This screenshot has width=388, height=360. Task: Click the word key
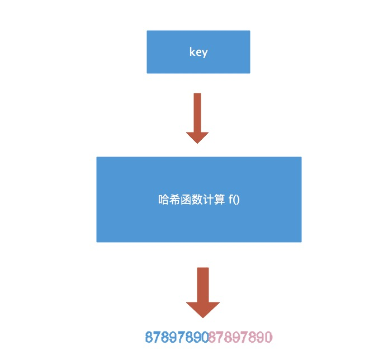198,53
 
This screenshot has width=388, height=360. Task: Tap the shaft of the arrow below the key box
197,112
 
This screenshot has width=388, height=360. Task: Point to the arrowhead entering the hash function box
197,138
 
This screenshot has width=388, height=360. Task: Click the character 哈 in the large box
164,200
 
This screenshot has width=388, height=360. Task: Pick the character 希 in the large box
174,200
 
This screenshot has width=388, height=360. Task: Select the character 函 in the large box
184,200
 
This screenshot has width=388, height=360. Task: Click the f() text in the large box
234,200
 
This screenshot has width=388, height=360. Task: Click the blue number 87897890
177,337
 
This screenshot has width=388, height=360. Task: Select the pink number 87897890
240,337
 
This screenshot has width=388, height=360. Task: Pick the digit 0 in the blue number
205,337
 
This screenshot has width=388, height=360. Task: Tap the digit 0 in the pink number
268,337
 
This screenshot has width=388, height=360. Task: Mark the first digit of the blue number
149,337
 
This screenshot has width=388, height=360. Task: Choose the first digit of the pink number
213,337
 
